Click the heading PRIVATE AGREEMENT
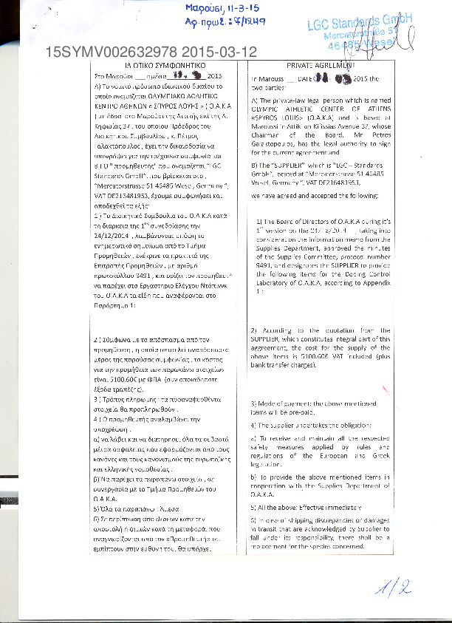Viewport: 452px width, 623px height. (x=307, y=66)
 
